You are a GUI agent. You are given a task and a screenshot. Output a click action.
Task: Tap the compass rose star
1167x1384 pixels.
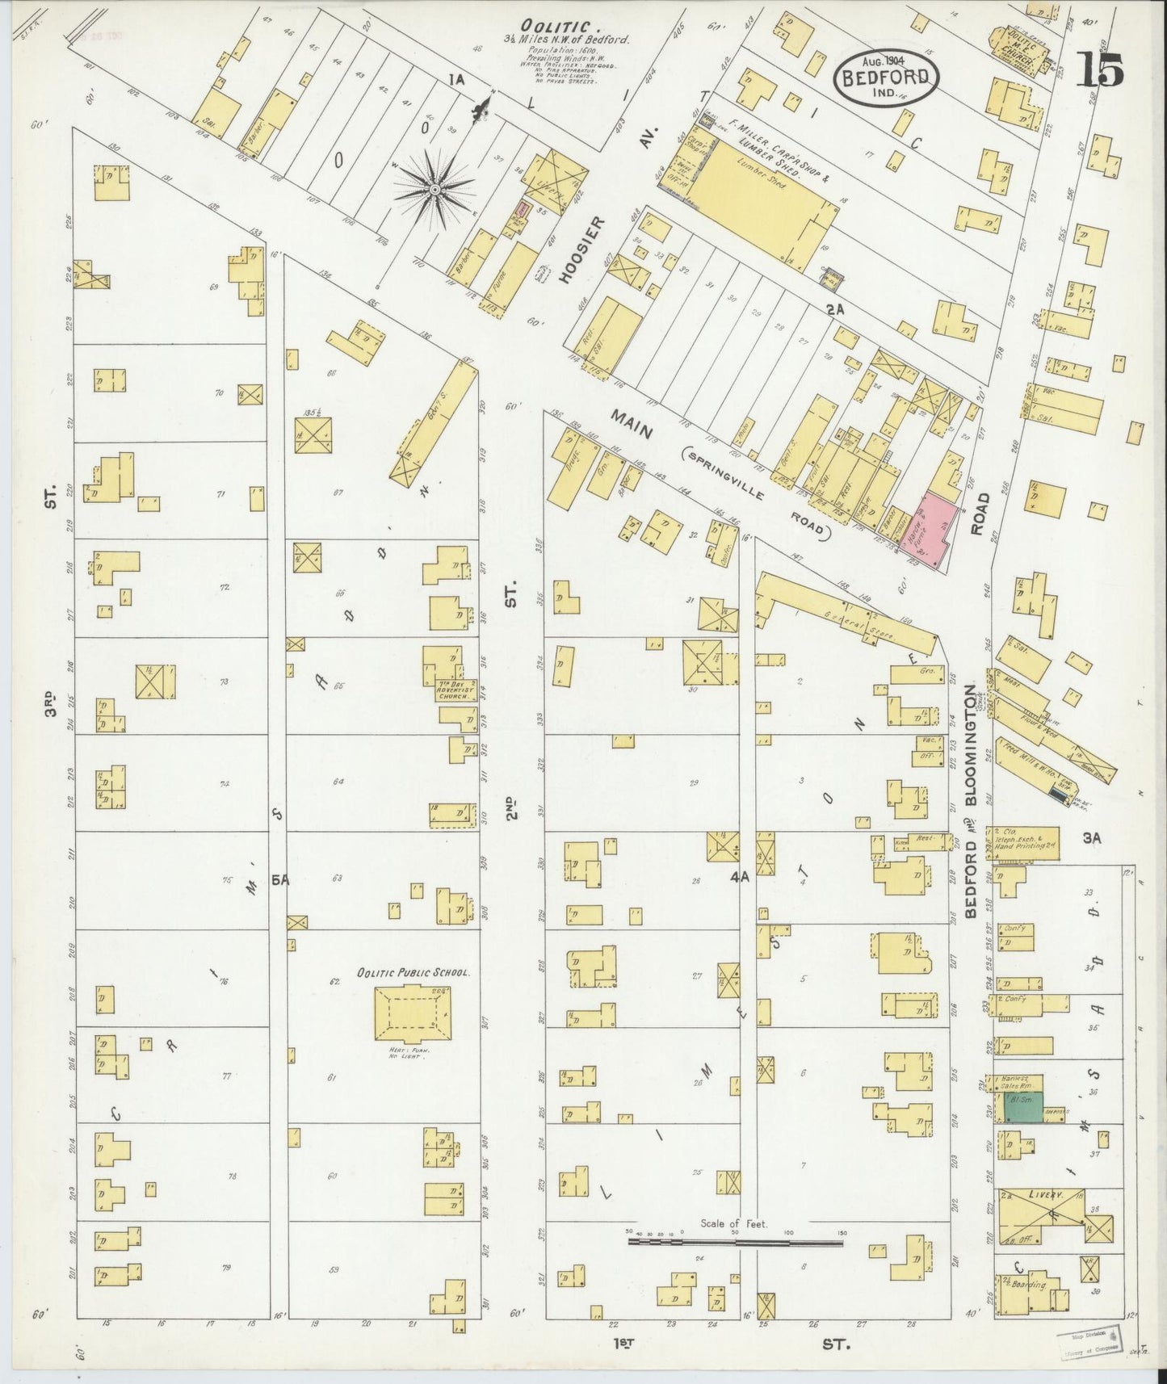(x=434, y=189)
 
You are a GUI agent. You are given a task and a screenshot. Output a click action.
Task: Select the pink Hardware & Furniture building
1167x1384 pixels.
(x=935, y=527)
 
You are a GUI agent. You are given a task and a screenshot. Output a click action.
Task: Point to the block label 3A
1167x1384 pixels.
(x=1092, y=839)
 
